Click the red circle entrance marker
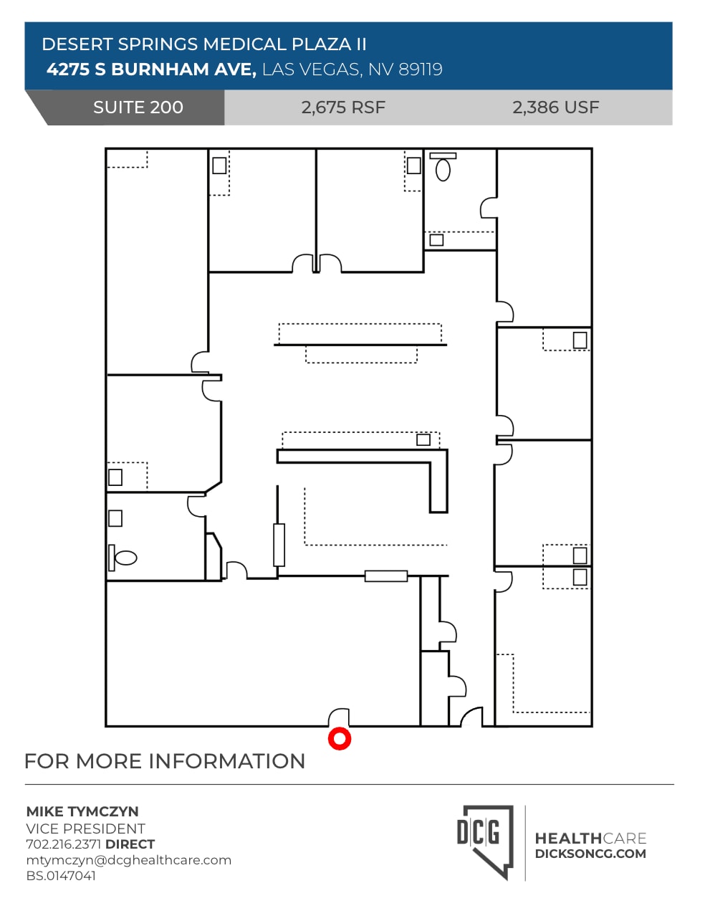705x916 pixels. [x=339, y=738]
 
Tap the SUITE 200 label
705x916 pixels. [x=138, y=108]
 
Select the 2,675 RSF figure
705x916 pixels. [x=343, y=108]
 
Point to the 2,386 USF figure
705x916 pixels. [x=555, y=108]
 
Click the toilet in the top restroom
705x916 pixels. [x=443, y=170]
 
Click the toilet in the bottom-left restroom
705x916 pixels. [x=126, y=558]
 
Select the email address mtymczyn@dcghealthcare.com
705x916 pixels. [x=129, y=860]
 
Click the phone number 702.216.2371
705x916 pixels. [x=64, y=844]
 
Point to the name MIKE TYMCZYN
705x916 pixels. [x=82, y=811]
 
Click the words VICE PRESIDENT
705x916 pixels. [x=85, y=828]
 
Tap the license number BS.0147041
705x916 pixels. [x=61, y=876]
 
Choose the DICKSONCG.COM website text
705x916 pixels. [x=590, y=854]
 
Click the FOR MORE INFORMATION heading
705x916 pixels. [x=165, y=761]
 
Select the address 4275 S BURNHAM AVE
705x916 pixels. [x=151, y=70]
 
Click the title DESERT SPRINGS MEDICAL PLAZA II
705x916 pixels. [x=204, y=44]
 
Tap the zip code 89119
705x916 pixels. [x=421, y=70]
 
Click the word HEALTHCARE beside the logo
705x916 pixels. [x=590, y=838]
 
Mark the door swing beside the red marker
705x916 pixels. [x=339, y=717]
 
